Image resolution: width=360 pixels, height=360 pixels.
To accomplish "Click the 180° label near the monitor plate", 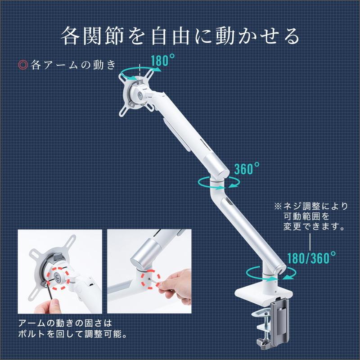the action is click(x=163, y=60).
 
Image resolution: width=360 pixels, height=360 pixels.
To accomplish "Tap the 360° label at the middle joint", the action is click(x=247, y=169).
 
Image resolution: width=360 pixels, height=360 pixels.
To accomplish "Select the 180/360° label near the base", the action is click(x=311, y=257).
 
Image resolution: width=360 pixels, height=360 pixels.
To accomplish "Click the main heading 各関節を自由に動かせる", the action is click(x=180, y=36).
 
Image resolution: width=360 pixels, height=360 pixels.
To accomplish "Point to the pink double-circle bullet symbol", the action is click(x=23, y=65).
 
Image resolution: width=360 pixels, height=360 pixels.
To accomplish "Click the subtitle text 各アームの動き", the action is click(x=73, y=65).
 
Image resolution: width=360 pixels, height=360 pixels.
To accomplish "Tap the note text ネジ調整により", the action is click(x=316, y=207).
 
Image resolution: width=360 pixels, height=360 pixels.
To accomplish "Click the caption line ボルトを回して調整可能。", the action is click(x=72, y=333).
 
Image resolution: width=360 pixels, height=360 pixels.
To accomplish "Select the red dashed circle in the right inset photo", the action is click(x=151, y=279).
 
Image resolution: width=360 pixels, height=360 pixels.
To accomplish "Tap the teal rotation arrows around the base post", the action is click(x=271, y=274).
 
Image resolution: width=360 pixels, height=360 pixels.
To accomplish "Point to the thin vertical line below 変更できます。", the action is click(x=310, y=242).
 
